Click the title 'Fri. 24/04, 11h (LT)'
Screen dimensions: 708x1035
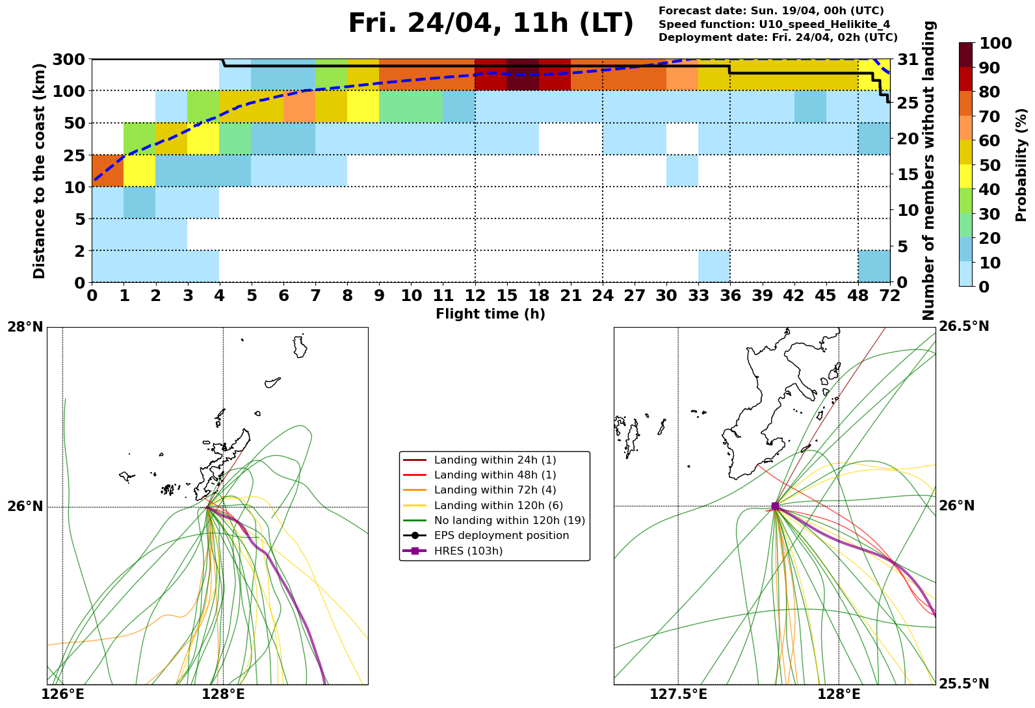[490, 24]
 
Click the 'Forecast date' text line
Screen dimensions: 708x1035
[771, 11]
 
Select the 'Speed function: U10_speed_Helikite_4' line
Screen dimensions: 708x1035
[774, 24]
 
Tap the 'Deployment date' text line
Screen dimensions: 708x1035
[778, 38]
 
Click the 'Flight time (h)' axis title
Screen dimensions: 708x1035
[490, 314]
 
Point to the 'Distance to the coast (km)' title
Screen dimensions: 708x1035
[40, 171]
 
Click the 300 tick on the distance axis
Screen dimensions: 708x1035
[70, 60]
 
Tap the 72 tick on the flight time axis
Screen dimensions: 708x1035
[889, 296]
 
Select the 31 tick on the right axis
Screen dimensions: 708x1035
[907, 60]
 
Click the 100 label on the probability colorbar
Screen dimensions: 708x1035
[995, 44]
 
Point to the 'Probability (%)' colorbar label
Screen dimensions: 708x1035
[1021, 165]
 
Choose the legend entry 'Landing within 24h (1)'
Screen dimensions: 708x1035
[495, 460]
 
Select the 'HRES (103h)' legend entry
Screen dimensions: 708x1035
[468, 551]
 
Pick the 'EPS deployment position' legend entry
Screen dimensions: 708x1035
[501, 536]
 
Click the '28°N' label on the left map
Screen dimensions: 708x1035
[25, 326]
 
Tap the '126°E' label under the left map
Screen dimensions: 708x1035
[62, 694]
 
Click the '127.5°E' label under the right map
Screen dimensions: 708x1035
[678, 694]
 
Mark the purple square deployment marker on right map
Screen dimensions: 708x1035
[774, 506]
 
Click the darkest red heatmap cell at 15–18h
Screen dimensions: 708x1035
[522, 75]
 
